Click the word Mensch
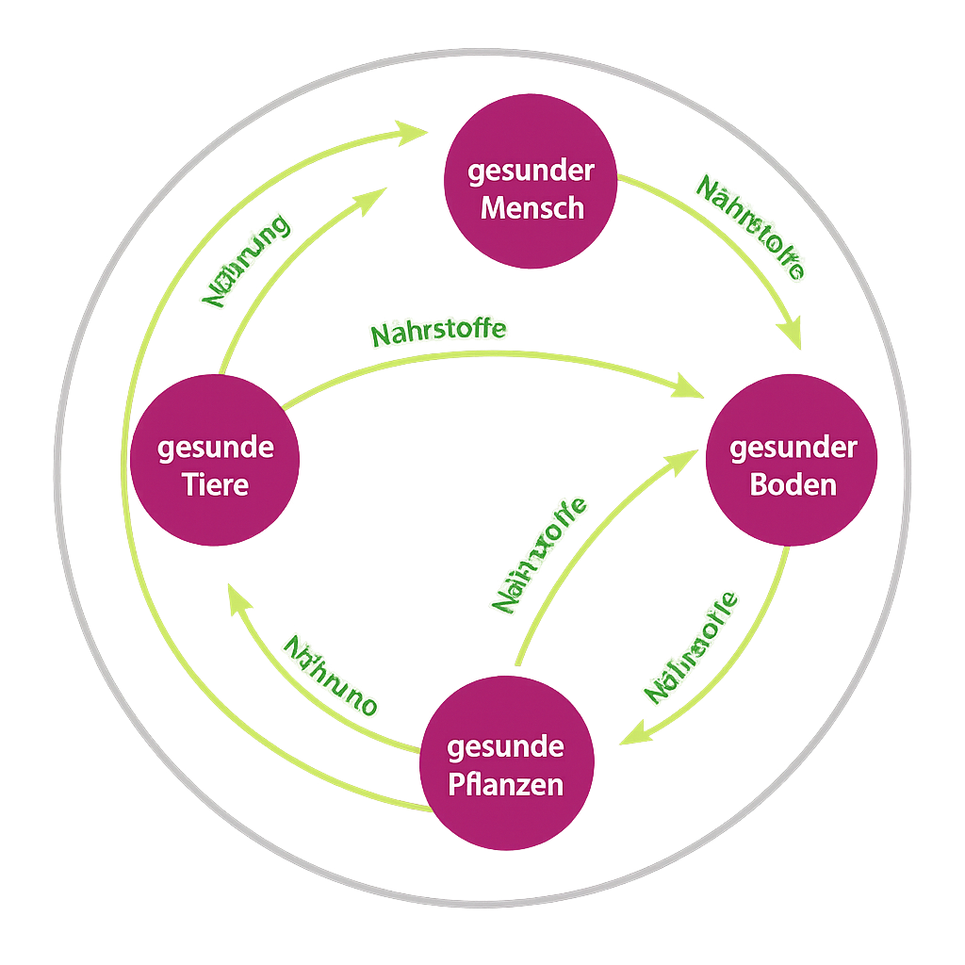[532, 207]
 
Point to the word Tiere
[216, 484]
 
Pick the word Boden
[793, 484]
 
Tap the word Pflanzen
[505, 785]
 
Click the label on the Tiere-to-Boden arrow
[439, 331]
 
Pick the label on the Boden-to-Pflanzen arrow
[691, 647]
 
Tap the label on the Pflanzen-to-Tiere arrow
[331, 676]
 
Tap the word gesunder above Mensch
[532, 172]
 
